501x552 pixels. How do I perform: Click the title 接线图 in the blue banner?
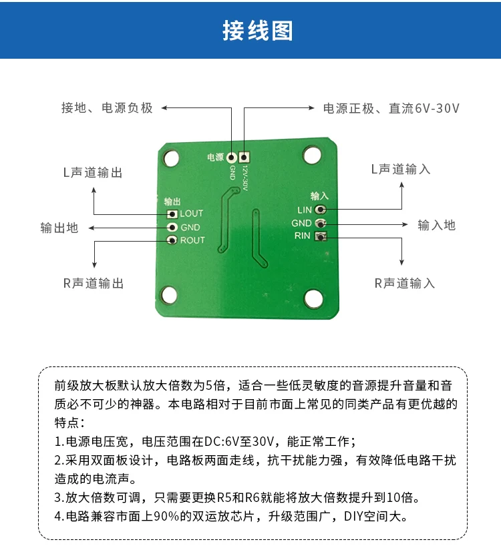[258, 31]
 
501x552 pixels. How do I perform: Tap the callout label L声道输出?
[93, 172]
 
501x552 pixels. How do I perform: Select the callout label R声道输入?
[404, 283]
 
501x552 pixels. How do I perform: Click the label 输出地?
[59, 228]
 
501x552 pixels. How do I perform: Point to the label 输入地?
[436, 225]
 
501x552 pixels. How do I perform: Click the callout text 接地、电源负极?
[107, 107]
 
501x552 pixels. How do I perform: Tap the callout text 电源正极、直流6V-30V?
[391, 108]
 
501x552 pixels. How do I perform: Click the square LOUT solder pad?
[172, 214]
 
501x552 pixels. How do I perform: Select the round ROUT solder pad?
[172, 240]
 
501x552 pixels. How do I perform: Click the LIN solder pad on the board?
[320, 210]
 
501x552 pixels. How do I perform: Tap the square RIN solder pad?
[320, 236]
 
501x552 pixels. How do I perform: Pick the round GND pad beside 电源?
[232, 158]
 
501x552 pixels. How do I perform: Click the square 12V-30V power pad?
[244, 157]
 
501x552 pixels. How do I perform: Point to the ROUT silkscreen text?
[192, 240]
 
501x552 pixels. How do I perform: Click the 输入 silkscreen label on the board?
[319, 196]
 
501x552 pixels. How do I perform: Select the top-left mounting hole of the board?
[171, 158]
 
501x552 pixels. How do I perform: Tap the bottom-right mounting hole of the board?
[313, 298]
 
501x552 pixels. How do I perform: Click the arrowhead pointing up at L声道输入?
[401, 186]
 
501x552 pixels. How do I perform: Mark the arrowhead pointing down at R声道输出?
[94, 264]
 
